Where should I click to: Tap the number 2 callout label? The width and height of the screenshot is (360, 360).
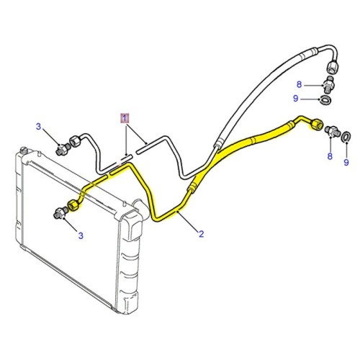(201, 233)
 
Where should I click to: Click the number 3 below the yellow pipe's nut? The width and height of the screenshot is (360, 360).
(80, 235)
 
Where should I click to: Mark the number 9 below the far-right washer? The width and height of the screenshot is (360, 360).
(346, 164)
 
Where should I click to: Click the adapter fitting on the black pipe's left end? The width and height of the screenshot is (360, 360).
(61, 150)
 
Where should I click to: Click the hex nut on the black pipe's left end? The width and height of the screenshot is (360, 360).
(73, 138)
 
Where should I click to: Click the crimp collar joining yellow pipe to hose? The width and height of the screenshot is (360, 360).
(192, 186)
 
